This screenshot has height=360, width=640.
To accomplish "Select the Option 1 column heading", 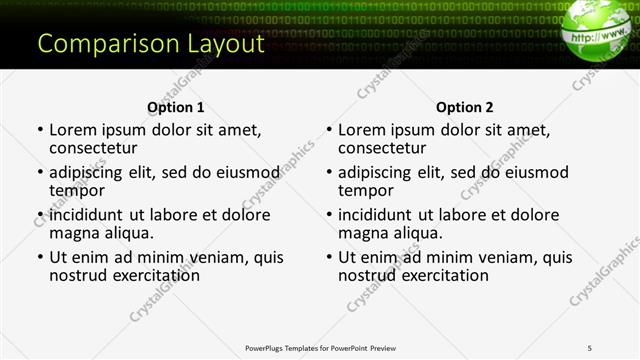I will coord(176,107).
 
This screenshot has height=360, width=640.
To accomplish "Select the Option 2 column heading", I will coord(465,107).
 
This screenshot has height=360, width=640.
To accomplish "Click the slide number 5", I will coord(589,347).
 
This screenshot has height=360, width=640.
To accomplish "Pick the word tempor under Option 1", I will coord(77,190).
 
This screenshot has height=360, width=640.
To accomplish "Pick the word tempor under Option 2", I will coord(366,190).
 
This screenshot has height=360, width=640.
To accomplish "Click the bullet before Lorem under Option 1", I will coord(39,130).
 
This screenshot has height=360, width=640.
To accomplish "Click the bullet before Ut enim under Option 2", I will coord(328,257).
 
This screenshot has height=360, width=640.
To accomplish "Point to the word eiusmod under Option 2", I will coord(536,172).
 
